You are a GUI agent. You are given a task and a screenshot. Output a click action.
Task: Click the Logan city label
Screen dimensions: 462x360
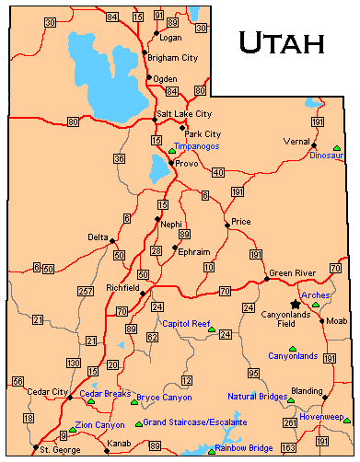(171, 38)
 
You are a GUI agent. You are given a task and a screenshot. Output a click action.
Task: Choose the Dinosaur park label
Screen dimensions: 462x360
(327, 156)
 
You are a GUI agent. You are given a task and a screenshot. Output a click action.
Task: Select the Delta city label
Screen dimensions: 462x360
(99, 237)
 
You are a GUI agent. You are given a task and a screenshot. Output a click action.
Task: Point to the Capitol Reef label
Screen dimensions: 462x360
(187, 324)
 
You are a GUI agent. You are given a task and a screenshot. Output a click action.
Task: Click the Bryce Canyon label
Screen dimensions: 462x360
(164, 398)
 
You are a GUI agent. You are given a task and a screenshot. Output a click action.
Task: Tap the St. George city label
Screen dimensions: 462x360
(57, 449)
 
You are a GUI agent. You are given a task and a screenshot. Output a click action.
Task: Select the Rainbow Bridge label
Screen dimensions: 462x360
(243, 448)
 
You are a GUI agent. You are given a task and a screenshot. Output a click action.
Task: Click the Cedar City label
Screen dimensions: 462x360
(47, 392)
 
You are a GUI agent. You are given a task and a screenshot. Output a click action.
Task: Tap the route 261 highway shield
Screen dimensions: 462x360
(290, 422)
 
